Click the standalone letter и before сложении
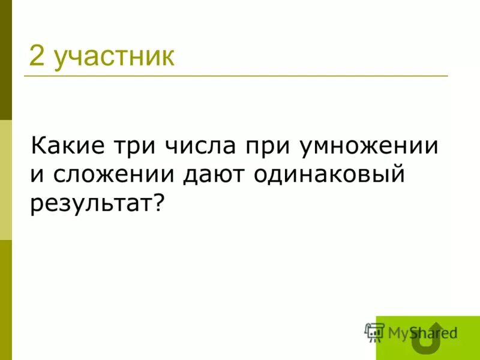pos(37,176)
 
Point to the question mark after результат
pos(158,203)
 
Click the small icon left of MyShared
pos(374,332)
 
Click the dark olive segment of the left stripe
pos(5,60)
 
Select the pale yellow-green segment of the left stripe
pos(5,180)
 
